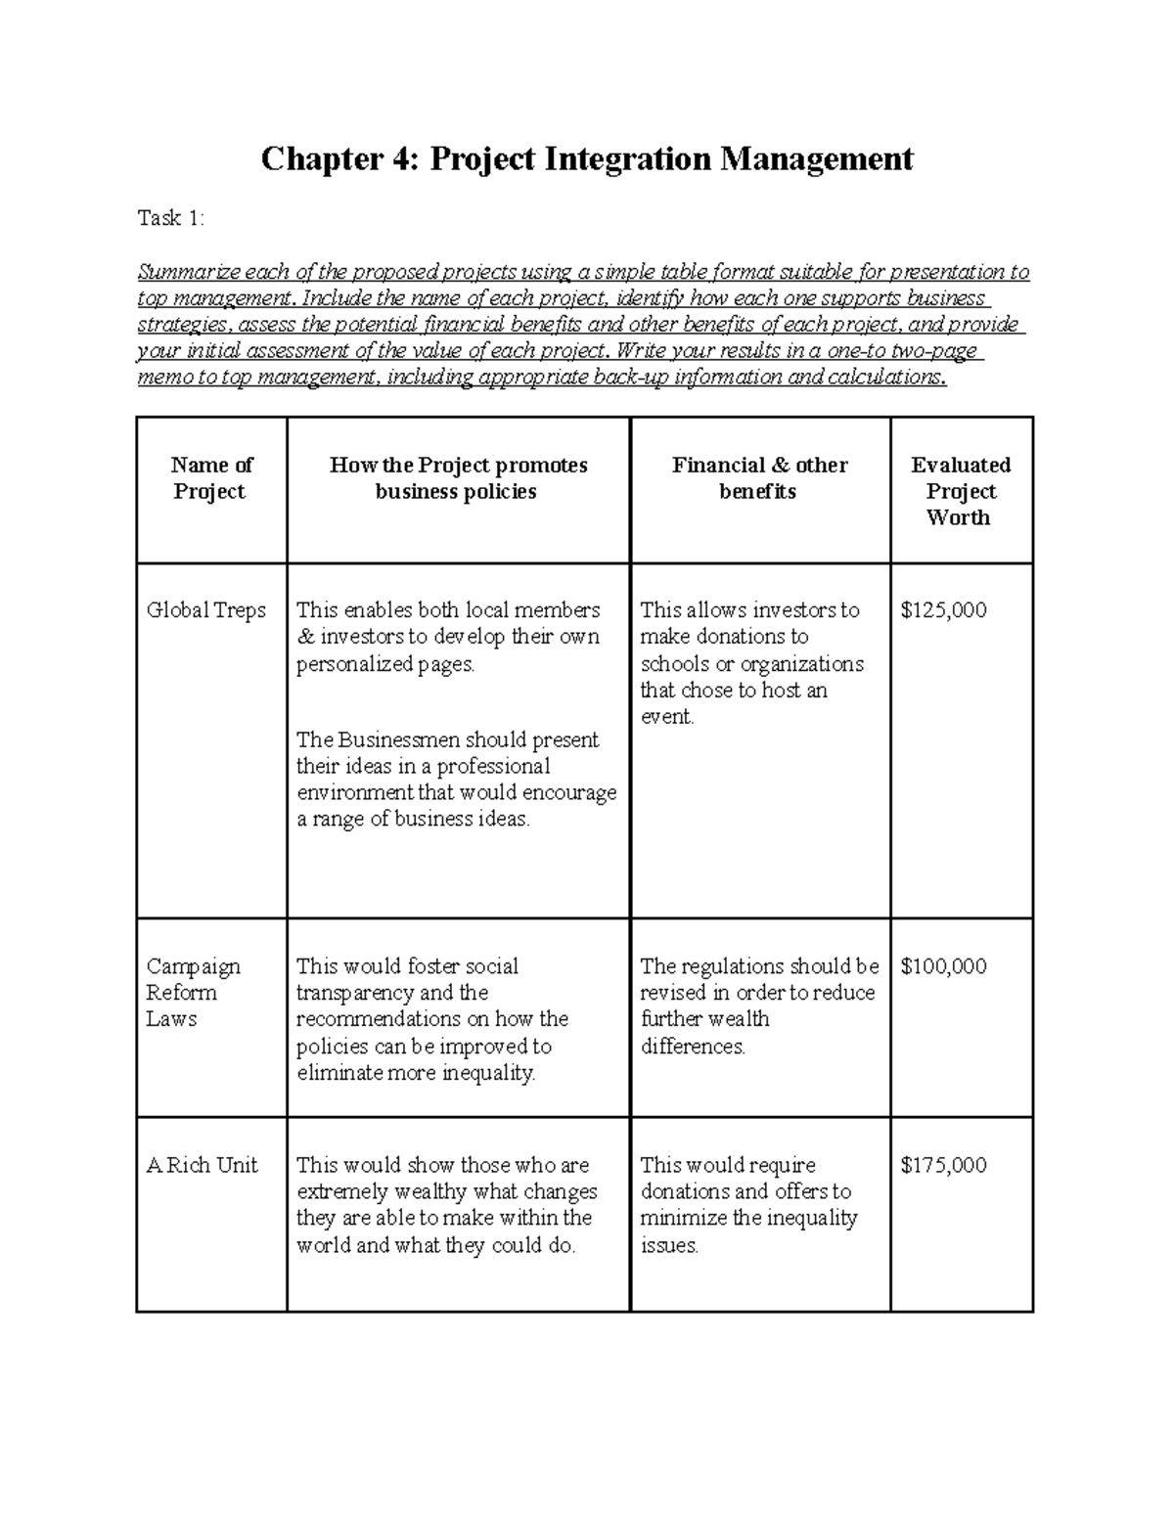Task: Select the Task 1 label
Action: coord(171,218)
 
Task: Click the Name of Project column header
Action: coord(211,478)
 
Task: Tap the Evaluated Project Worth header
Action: coord(960,491)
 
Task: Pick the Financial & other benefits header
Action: coord(759,478)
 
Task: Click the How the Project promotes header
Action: coord(458,466)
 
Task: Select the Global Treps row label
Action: coord(205,610)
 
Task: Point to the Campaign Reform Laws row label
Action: coord(193,992)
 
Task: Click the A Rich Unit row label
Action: coord(202,1165)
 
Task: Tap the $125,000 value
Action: coord(943,610)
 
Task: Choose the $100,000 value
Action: coord(943,966)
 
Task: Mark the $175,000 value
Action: coord(943,1165)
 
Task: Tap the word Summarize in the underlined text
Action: coord(187,272)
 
